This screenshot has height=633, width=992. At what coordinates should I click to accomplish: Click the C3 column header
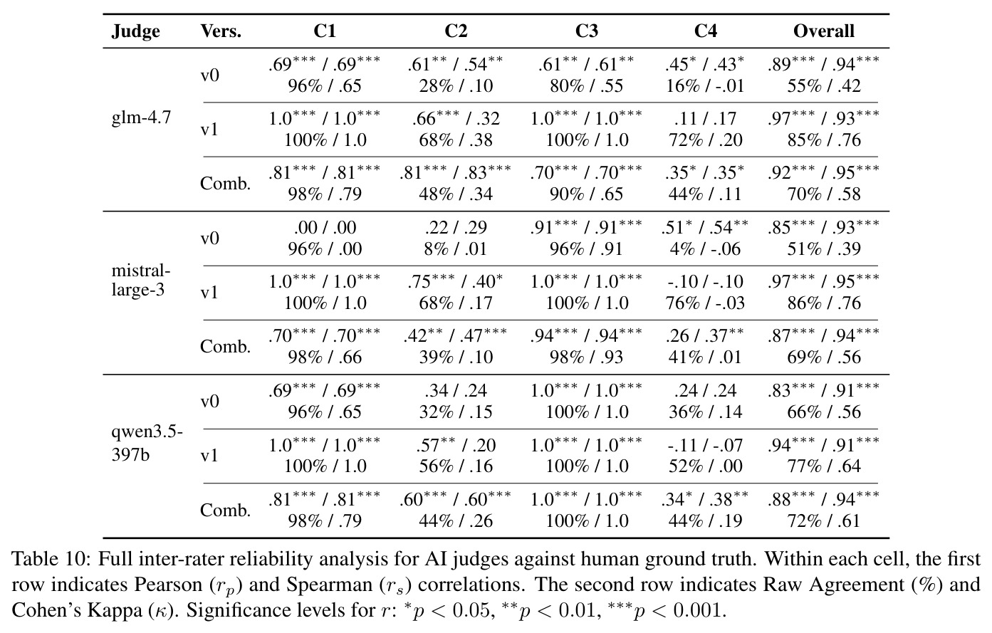pos(586,31)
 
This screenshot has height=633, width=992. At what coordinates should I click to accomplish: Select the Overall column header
pos(823,31)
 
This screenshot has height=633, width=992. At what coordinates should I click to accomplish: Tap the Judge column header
pos(135,31)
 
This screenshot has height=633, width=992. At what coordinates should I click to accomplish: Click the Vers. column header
pos(221,31)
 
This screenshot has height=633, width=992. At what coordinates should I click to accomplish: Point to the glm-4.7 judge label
pos(141,117)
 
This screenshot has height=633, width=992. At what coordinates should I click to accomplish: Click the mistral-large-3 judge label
pos(141,280)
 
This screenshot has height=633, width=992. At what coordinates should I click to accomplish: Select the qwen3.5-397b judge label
pos(147,443)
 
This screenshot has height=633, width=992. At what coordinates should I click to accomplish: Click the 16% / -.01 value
pos(705,85)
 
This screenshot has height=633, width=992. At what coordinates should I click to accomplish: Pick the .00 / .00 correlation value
pos(325,227)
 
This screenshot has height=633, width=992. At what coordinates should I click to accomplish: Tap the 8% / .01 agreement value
pos(455,249)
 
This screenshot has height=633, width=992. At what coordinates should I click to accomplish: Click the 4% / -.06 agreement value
pos(705,249)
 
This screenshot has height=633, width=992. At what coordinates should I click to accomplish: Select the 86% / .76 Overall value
pos(824,303)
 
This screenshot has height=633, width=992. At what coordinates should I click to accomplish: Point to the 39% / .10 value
pos(456,357)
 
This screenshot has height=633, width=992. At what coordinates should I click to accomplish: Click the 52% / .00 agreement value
pos(705,466)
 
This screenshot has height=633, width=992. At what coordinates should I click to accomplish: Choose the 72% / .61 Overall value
pos(824,520)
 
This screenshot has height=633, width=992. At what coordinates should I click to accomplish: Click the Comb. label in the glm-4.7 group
pos(225,183)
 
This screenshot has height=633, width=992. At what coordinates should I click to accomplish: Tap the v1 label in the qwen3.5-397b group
pos(209,456)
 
